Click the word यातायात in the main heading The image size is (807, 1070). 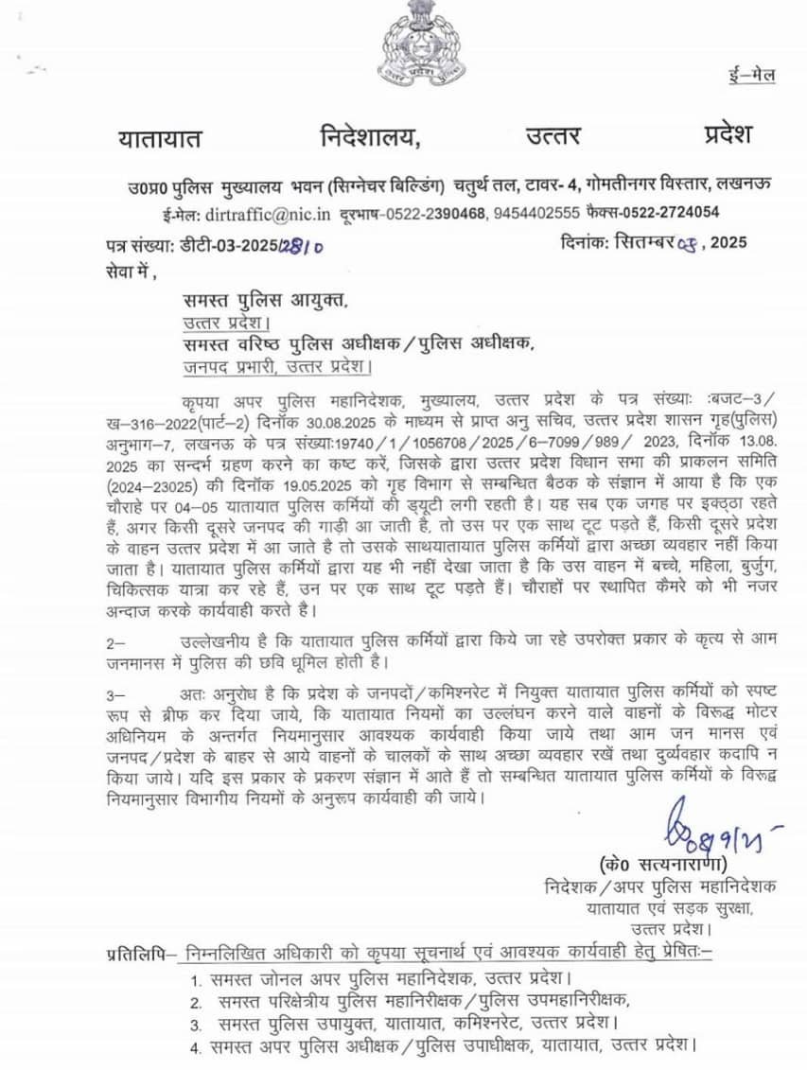tap(160, 138)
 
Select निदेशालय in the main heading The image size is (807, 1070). tap(368, 137)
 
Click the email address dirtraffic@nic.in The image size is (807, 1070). tap(270, 214)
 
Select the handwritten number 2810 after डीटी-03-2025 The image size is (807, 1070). tap(302, 246)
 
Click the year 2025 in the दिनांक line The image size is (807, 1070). tap(728, 243)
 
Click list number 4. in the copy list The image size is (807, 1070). tap(195, 1047)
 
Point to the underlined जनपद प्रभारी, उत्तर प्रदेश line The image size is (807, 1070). tap(276, 365)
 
